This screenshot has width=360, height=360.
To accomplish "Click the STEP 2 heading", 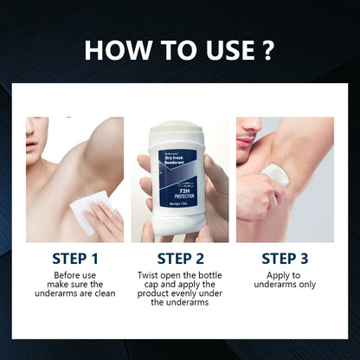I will click(x=180, y=258).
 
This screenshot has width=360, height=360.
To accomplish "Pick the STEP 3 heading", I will click(x=285, y=258).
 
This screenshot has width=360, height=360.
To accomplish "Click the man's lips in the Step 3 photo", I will click(x=244, y=138).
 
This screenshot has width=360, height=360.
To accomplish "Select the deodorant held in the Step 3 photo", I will click(x=275, y=176).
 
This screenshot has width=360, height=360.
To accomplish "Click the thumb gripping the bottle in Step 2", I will click(x=146, y=169).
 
